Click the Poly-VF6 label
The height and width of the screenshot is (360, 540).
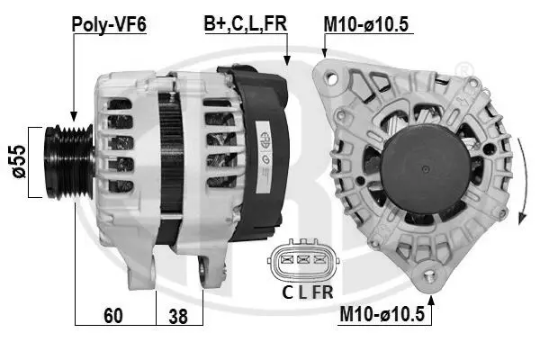tap(109, 24)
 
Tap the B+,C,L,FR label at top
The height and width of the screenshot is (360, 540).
tap(246, 23)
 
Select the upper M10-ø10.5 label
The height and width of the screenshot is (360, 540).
tap(366, 24)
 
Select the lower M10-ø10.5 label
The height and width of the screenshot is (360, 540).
tap(382, 314)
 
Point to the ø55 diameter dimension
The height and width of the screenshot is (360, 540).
tap(19, 162)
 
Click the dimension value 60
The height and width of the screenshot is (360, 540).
tap(113, 315)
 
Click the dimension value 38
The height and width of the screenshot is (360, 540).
tap(178, 316)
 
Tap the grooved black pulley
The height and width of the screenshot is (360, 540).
tap(69, 162)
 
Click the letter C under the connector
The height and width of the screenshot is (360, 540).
tap(287, 292)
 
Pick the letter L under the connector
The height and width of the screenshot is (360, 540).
tap(302, 292)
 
